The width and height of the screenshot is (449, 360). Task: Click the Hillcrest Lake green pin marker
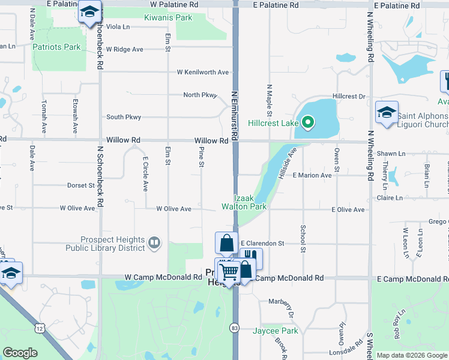pos(308,123)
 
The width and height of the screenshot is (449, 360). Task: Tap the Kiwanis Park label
pos(168,17)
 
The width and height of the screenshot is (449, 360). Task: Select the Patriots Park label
pos(56,47)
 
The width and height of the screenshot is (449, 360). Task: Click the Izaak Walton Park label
pos(244,202)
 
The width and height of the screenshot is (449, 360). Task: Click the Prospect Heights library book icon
pos(154,242)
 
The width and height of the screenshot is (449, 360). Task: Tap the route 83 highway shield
pos(234,328)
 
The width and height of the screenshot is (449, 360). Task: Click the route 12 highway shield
pos(40,328)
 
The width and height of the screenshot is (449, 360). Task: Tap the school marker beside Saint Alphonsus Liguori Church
pos(387,112)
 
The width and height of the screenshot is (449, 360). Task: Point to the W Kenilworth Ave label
pos(203,72)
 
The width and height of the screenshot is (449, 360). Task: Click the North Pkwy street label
pos(199,95)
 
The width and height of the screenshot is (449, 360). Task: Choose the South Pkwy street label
pos(124,117)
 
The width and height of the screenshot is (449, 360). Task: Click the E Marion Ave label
pos(312,175)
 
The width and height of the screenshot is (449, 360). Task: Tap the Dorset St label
pos(81,185)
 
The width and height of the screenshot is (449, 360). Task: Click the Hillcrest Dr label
pos(349,96)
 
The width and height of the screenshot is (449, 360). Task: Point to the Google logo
pos(20,352)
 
